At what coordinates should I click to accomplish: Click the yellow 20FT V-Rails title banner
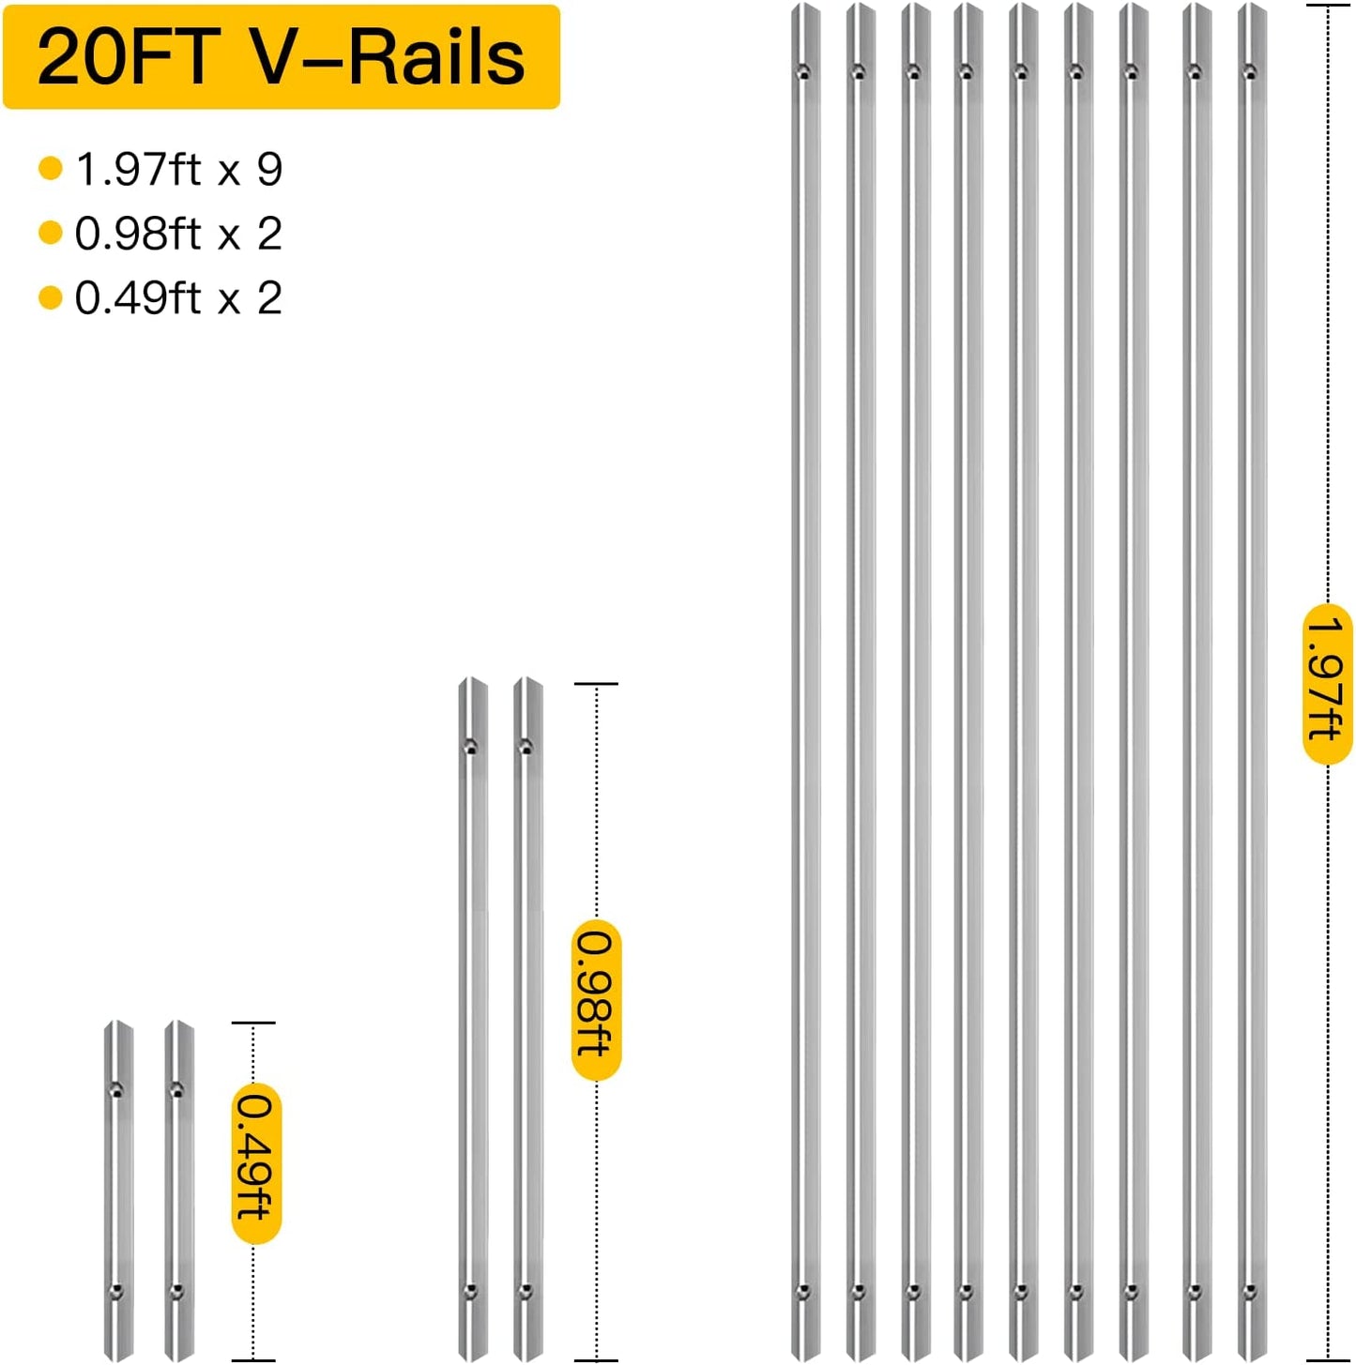(x=282, y=56)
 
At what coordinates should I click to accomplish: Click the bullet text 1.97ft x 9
(x=178, y=169)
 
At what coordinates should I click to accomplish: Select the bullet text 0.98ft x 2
(x=178, y=233)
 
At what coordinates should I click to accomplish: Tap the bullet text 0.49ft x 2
(x=178, y=297)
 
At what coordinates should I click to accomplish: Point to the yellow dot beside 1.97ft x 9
(x=51, y=169)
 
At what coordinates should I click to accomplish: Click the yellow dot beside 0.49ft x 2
(x=51, y=297)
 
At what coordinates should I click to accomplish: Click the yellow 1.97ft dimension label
(x=1327, y=684)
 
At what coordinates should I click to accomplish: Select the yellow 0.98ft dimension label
(x=596, y=1000)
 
